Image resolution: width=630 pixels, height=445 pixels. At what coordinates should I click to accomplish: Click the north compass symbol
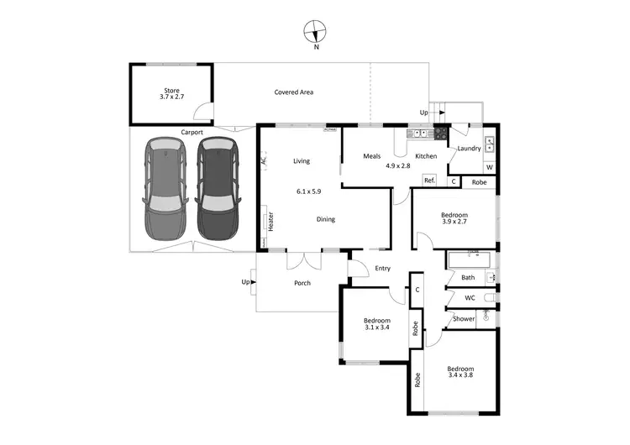coord(316,33)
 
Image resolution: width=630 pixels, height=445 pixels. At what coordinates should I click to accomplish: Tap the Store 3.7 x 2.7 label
coord(171,94)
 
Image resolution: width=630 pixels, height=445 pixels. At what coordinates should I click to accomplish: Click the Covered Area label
coord(293,92)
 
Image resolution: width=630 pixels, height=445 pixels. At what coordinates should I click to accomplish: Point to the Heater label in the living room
coord(271,220)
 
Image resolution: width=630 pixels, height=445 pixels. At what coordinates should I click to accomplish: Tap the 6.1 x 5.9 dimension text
coord(308,191)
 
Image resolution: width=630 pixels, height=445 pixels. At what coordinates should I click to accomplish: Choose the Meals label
coord(372,156)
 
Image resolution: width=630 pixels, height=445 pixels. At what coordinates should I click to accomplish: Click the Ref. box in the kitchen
coord(428,181)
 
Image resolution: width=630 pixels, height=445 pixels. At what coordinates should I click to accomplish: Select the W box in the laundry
coord(489,167)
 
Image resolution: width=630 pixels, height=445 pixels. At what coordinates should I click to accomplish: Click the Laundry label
coord(469,149)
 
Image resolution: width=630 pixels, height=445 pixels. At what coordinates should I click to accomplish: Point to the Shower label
coord(464,318)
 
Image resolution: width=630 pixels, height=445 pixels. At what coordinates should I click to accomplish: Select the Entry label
coord(382,269)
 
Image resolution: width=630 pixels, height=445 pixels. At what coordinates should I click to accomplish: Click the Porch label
coord(302,283)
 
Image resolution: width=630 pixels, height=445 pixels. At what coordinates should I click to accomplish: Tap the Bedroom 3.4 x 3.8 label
coord(459,373)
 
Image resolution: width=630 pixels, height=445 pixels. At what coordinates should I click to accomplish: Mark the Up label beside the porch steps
coord(246,281)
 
